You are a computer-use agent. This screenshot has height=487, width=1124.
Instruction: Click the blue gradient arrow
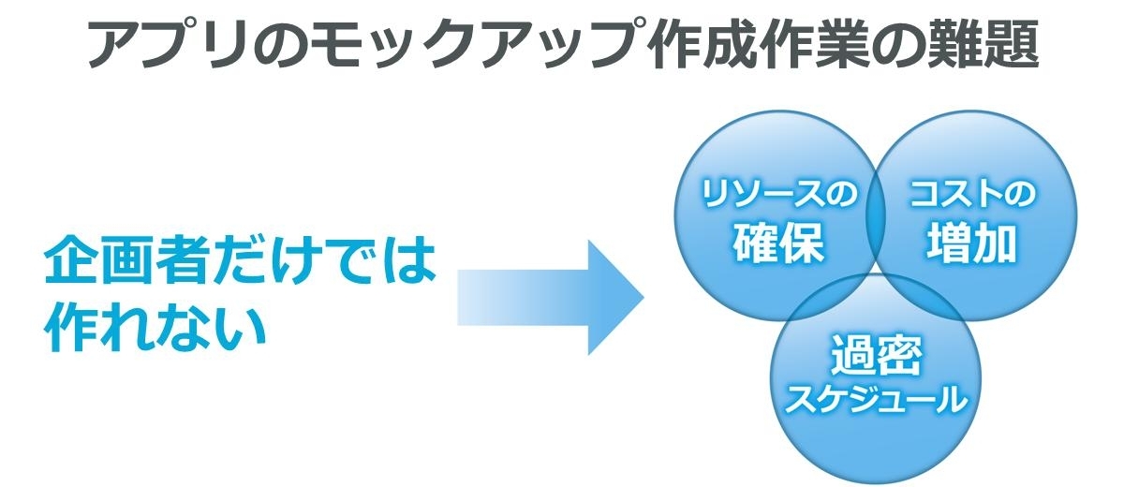click(551, 298)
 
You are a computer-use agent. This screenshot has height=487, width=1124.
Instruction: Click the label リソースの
click(778, 195)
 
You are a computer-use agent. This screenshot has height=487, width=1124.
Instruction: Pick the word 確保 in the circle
click(778, 243)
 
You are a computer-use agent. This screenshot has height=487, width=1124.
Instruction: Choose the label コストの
click(972, 195)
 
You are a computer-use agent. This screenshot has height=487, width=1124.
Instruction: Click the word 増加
click(971, 243)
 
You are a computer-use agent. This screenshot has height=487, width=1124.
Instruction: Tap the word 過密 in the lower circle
click(875, 356)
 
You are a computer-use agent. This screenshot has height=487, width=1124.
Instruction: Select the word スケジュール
click(875, 400)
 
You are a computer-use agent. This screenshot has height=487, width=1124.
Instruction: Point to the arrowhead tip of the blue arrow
click(643, 298)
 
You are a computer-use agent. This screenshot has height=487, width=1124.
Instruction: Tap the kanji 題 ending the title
click(1012, 44)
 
